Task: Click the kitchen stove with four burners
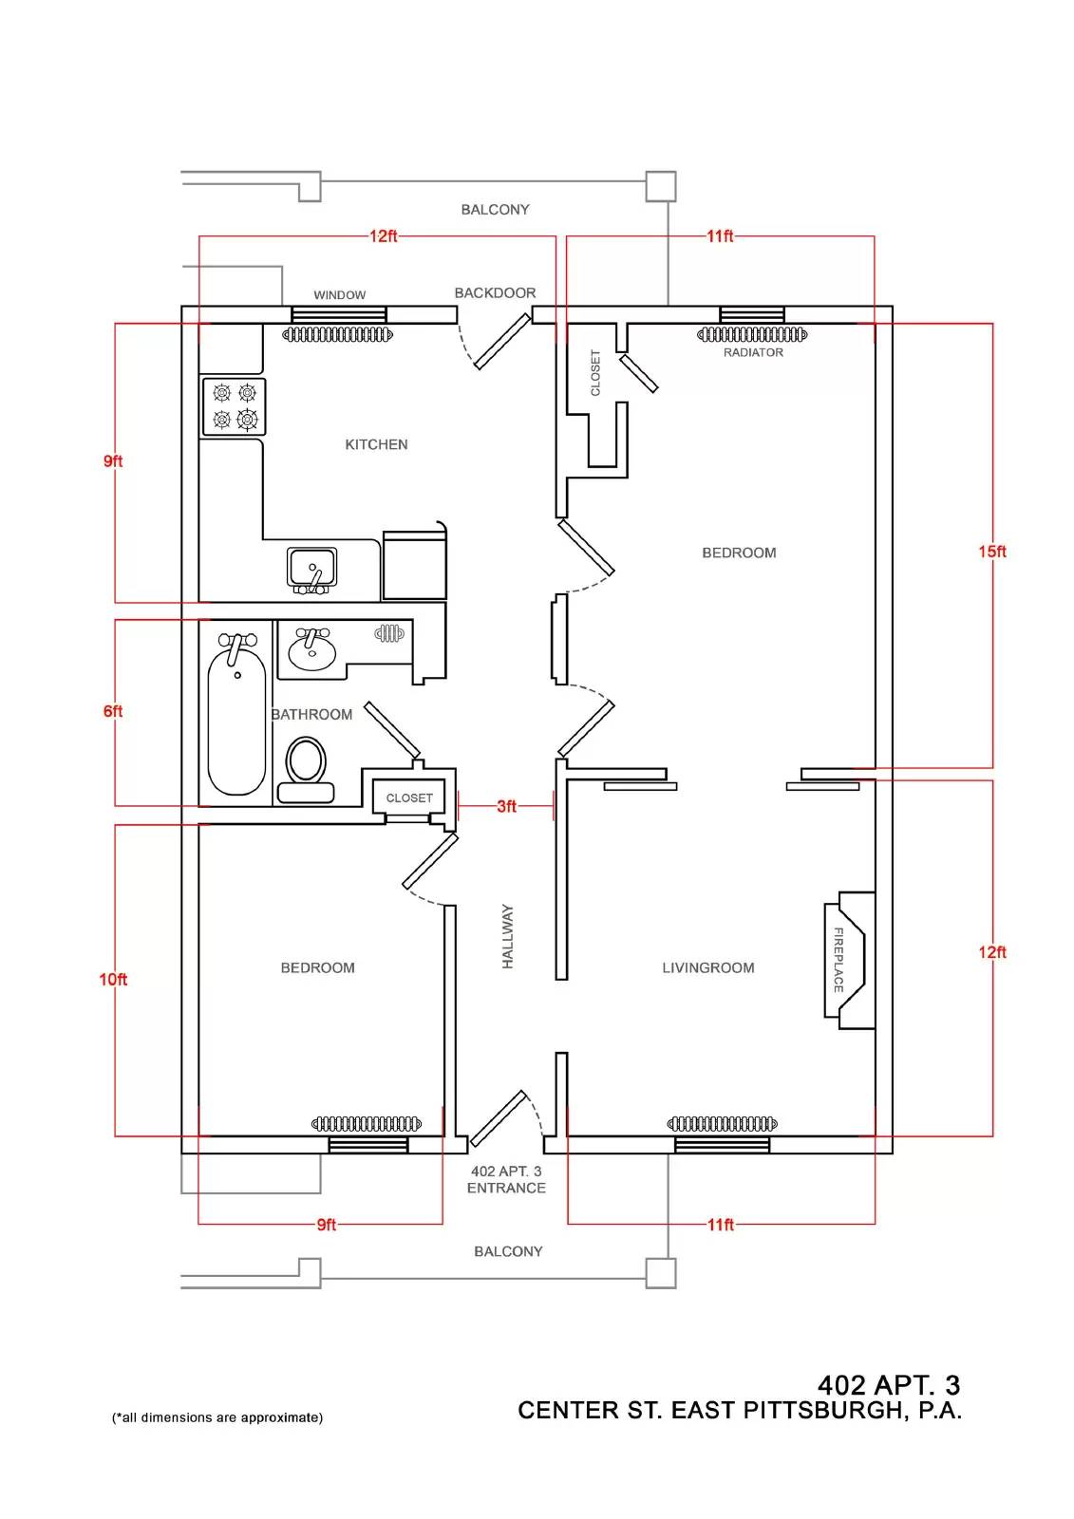[x=234, y=406]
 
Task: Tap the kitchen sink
[x=311, y=570]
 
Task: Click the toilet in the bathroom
[x=306, y=770]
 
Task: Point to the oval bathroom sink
[x=311, y=649]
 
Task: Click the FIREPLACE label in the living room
[x=838, y=960]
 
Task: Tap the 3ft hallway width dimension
[x=506, y=806]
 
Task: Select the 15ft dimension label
[x=992, y=552]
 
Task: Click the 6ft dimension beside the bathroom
[x=113, y=711]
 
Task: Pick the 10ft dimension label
[x=113, y=979]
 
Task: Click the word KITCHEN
[x=376, y=444]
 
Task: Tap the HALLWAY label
[x=507, y=936]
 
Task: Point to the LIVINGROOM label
[x=707, y=967]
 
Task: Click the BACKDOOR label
[x=495, y=293]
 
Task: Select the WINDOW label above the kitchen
[x=339, y=295]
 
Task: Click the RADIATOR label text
[x=753, y=352]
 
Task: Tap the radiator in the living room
[x=722, y=1124]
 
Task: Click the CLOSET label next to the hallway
[x=409, y=798]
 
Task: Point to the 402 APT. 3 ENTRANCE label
[x=506, y=1179]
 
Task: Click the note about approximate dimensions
[x=217, y=1417]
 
